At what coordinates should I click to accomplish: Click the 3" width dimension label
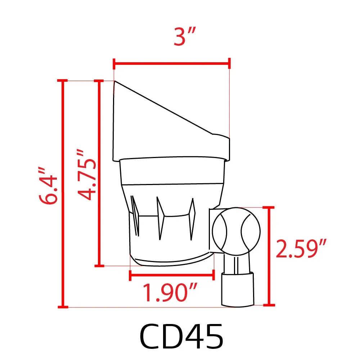[184, 37]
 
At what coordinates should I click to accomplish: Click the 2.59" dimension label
[301, 249]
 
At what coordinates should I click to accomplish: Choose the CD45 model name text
[181, 336]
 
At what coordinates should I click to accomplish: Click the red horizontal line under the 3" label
[172, 63]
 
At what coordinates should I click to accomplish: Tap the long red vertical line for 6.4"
[63, 193]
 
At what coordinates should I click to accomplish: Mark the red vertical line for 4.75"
[99, 173]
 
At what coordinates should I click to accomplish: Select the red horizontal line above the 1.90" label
[172, 275]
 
